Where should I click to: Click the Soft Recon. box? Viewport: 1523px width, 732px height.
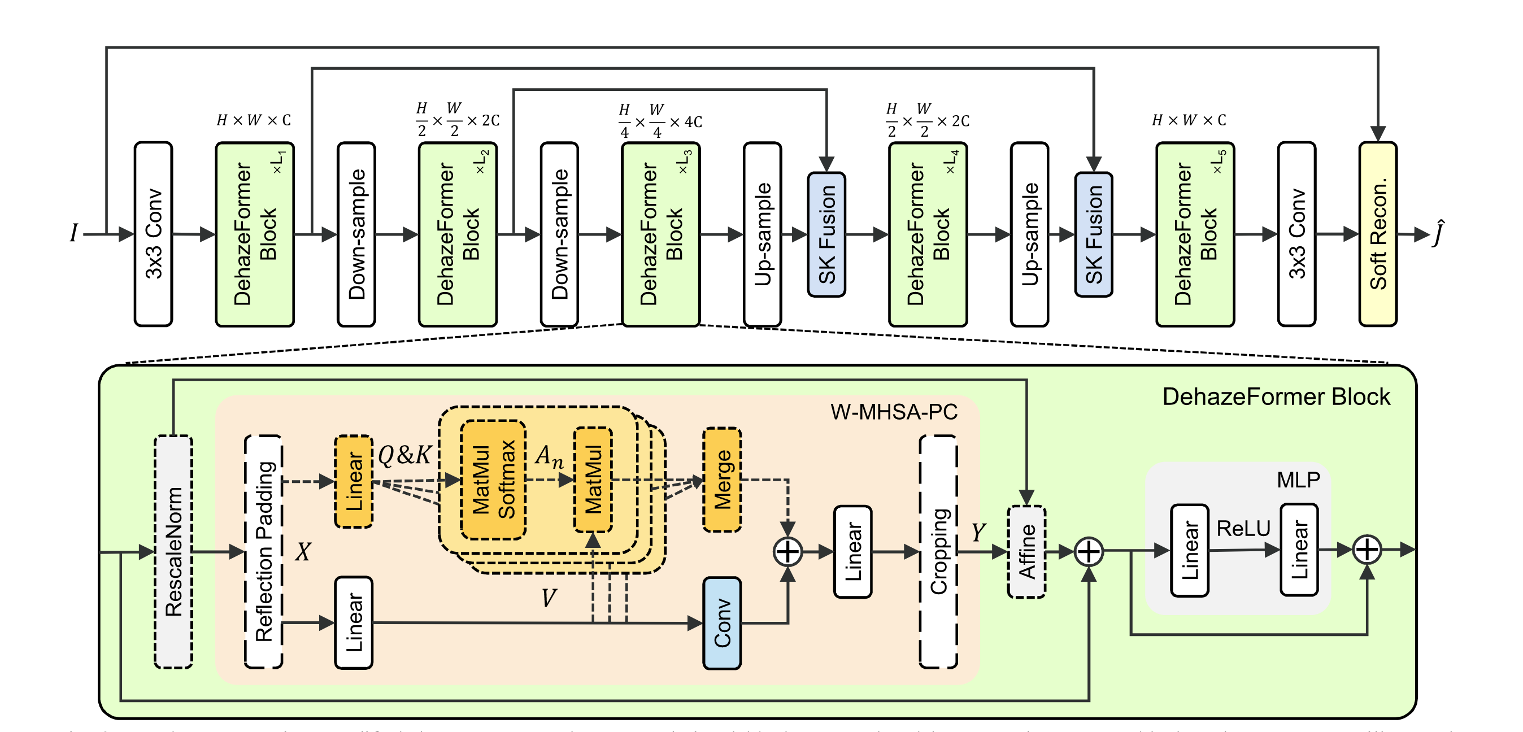pos(1378,234)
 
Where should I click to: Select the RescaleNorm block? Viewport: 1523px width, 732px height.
pos(173,552)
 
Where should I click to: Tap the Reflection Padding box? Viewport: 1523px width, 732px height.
pos(264,552)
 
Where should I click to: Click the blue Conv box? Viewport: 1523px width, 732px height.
pos(722,623)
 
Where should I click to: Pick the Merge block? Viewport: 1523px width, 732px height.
pos(722,480)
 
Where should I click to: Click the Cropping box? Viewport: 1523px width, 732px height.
pos(938,552)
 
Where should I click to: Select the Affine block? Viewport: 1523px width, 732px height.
pos(1027,552)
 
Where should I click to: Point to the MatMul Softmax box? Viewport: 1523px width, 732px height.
pos(493,480)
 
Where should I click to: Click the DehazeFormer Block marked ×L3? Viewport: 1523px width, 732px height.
pos(661,234)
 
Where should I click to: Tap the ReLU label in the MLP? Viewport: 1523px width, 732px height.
pos(1243,528)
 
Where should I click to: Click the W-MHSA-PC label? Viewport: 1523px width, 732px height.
pos(894,412)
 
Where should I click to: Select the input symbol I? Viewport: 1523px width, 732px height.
pos(74,233)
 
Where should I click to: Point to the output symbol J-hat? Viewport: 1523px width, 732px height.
pos(1438,233)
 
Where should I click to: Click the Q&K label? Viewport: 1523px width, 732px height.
pos(405,455)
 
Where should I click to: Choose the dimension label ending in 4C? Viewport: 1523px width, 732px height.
pos(660,121)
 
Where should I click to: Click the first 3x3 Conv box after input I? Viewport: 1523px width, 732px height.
pos(153,234)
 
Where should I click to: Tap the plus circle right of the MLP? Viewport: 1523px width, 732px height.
pos(1367,550)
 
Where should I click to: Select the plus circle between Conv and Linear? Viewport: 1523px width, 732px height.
pos(787,552)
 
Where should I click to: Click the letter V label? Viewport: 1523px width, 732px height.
pos(549,598)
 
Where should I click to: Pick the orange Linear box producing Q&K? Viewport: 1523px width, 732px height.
pos(354,481)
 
